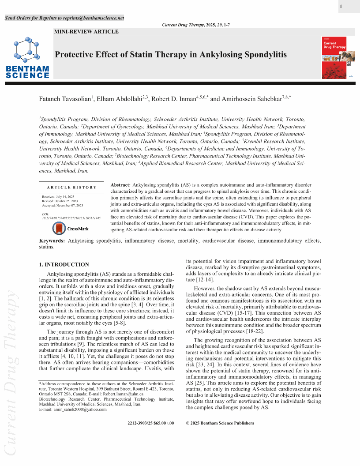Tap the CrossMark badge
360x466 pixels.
point(70,229)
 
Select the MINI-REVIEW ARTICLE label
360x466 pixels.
point(86,32)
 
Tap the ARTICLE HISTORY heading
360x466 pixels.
point(71,188)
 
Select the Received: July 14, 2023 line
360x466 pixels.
point(58,196)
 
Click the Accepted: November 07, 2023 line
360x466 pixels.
point(62,206)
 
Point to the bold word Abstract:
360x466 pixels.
point(120,184)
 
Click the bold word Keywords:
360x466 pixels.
point(52,241)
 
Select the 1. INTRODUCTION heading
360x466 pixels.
point(64,265)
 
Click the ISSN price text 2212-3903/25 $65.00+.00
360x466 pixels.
point(150,423)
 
